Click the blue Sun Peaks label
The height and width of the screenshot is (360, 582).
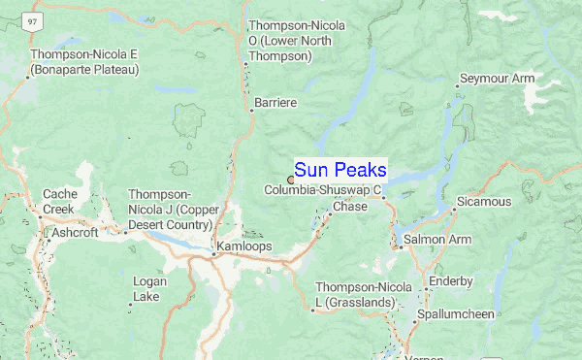pos(339,170)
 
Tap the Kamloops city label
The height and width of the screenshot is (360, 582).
pos(245,245)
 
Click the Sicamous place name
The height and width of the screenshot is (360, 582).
pos(485,202)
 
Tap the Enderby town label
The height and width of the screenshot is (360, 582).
pos(452,281)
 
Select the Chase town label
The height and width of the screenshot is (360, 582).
pos(349,207)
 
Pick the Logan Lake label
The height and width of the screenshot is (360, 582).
pos(147,288)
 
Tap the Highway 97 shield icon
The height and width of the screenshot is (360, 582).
pos(33,19)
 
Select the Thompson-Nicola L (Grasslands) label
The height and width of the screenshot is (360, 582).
pos(356,295)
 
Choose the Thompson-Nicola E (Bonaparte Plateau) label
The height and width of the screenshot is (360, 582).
pos(85,62)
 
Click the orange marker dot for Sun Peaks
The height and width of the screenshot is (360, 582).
pos(290,180)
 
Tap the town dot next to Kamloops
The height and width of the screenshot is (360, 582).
pos(214,254)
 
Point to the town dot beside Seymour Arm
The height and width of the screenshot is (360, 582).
pos(457,85)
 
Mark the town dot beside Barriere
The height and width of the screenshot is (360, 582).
pos(251,110)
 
